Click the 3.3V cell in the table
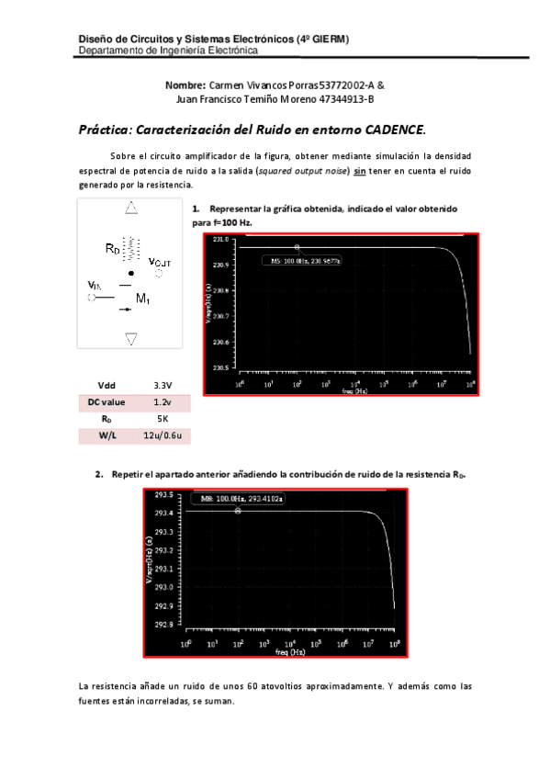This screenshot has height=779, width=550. pos(163,386)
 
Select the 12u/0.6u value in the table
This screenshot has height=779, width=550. pos(163,435)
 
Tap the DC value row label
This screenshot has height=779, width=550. pos(107,402)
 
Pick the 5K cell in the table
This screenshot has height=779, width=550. pos(163,419)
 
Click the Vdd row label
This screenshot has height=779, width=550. pos(107,386)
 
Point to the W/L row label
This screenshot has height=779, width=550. pos(107,435)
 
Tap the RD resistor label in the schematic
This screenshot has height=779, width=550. pos(111,248)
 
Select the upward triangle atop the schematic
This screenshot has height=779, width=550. pos(132,209)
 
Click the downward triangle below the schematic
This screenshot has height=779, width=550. pos(132,339)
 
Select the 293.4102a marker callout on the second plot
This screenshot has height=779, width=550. pos(238,499)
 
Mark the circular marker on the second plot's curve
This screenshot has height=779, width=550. pos(238,511)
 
